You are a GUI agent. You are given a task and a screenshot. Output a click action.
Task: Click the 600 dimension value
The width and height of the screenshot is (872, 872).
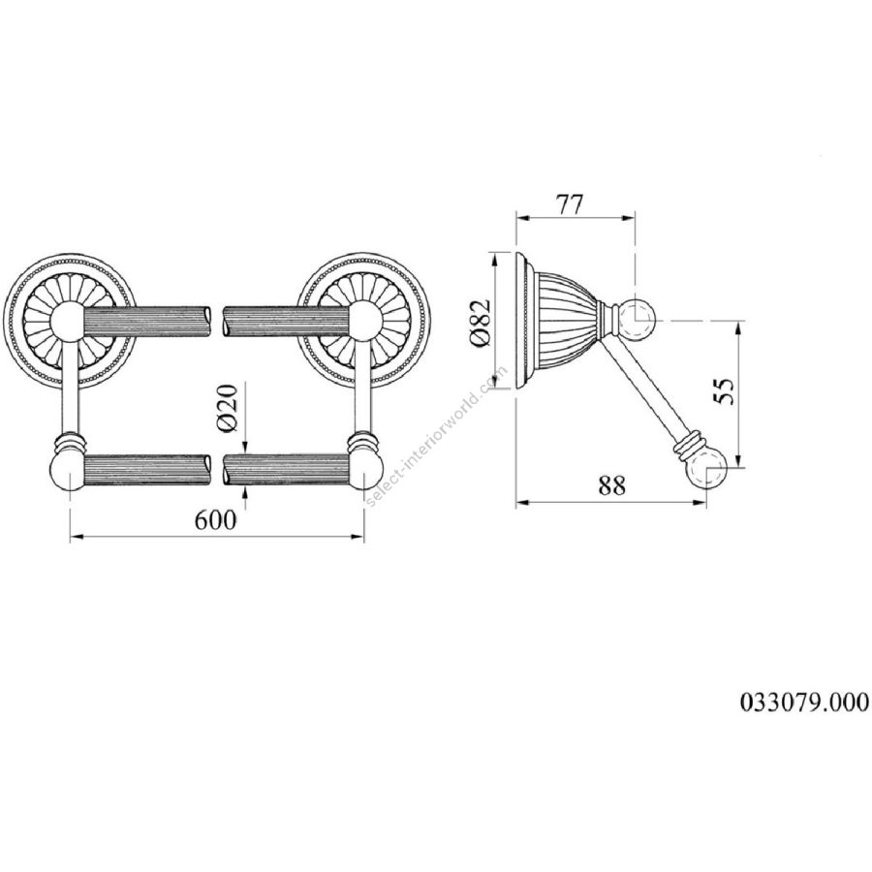point(216,520)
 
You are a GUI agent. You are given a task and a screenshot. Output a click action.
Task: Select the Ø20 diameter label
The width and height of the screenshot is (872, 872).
point(229,408)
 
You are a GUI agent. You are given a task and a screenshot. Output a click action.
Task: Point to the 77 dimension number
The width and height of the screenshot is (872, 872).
point(571,204)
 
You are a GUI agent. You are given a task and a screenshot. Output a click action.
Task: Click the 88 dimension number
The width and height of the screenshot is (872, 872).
point(611,485)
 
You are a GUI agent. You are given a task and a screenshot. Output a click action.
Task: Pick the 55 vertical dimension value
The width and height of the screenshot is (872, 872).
point(724,391)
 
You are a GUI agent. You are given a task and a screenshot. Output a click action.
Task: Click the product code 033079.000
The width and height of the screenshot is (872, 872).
point(803,701)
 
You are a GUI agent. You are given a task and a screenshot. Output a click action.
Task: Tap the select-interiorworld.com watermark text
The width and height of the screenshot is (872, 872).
point(436,436)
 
